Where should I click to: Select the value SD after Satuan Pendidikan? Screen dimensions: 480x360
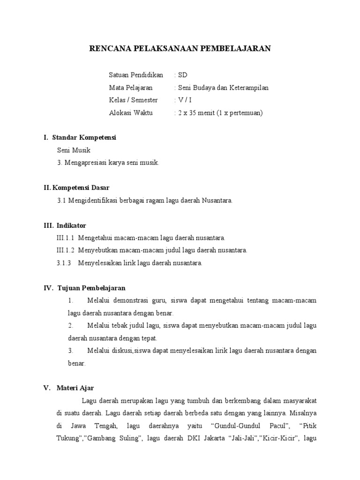[x=182, y=75]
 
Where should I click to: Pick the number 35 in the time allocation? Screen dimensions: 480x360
[x=194, y=113]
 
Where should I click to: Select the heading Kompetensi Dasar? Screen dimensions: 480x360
[x=83, y=187]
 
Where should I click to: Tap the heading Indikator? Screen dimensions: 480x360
[x=72, y=225]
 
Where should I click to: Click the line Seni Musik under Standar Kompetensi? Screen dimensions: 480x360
[x=73, y=150]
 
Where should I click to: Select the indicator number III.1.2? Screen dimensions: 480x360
[x=65, y=250]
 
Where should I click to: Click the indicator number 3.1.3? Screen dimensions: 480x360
[x=63, y=263]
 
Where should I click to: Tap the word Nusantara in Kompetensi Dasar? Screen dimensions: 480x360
[x=217, y=200]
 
